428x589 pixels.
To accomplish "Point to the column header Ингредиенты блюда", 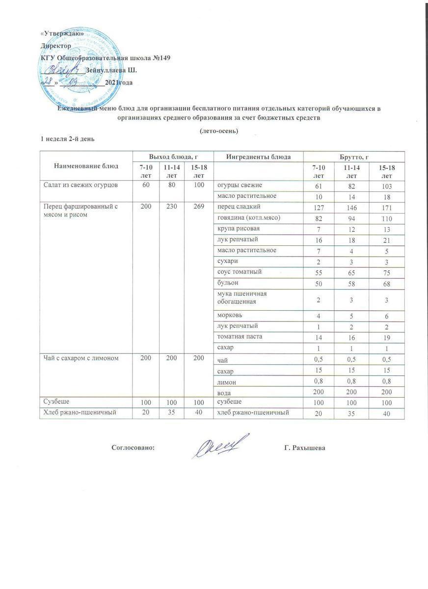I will coord(258,157).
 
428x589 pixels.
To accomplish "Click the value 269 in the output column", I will coord(198,207).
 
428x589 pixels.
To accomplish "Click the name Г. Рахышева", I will coord(305,448).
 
